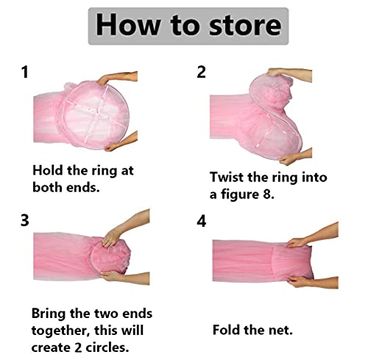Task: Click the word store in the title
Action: (245, 26)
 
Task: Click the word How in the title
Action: (127, 25)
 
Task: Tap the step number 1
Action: (25, 72)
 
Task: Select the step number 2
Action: (201, 72)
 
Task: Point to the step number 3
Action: (25, 220)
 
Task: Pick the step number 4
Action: (202, 221)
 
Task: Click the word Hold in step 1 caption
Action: (48, 170)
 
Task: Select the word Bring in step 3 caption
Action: (49, 314)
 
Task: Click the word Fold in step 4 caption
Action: (227, 330)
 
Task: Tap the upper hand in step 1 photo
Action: (117, 78)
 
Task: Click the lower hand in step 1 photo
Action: (121, 142)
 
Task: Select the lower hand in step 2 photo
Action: (296, 157)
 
